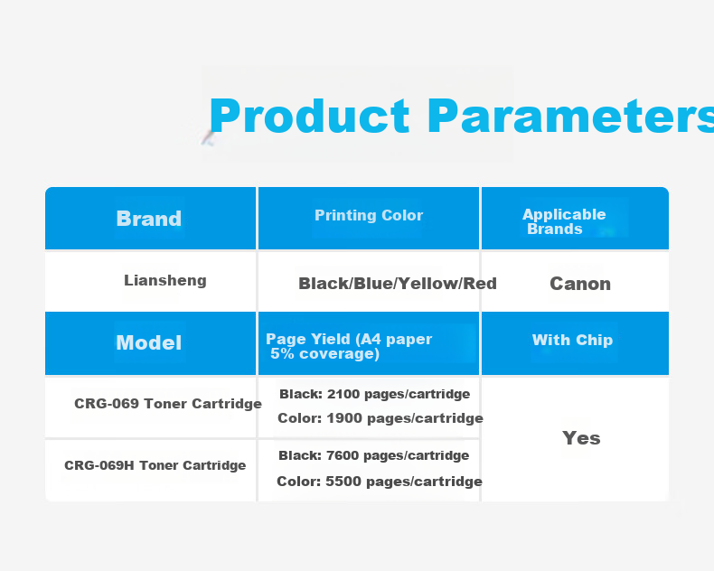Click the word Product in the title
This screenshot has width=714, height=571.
pyautogui.click(x=309, y=117)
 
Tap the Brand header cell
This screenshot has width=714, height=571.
pyautogui.click(x=149, y=219)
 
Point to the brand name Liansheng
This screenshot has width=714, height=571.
pyautogui.click(x=165, y=280)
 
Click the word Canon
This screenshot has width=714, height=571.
pyautogui.click(x=580, y=284)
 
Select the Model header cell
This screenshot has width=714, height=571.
pyautogui.click(x=149, y=342)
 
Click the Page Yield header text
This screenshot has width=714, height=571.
pyautogui.click(x=349, y=346)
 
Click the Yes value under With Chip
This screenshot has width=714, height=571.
pyautogui.click(x=581, y=438)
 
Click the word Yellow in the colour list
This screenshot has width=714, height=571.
pyautogui.click(x=435, y=283)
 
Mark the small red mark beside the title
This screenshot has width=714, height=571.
pyautogui.click(x=208, y=137)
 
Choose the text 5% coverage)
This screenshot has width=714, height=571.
pyautogui.click(x=324, y=354)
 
